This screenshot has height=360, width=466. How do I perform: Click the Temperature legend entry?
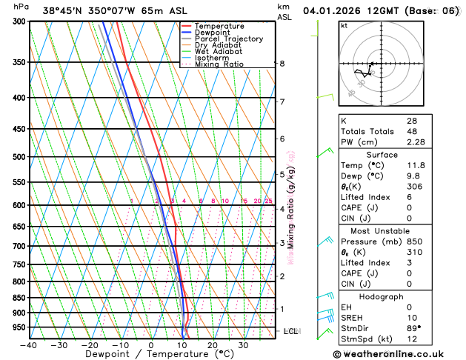(219, 26)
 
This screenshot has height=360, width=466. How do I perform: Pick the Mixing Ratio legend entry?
(219, 64)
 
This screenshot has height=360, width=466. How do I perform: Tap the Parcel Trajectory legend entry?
(228, 39)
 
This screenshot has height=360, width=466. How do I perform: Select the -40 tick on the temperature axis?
(29, 345)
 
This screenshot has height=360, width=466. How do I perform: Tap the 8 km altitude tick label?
(282, 64)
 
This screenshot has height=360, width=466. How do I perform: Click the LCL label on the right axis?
(291, 331)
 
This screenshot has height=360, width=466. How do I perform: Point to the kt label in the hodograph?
(344, 25)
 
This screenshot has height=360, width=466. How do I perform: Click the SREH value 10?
(412, 318)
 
